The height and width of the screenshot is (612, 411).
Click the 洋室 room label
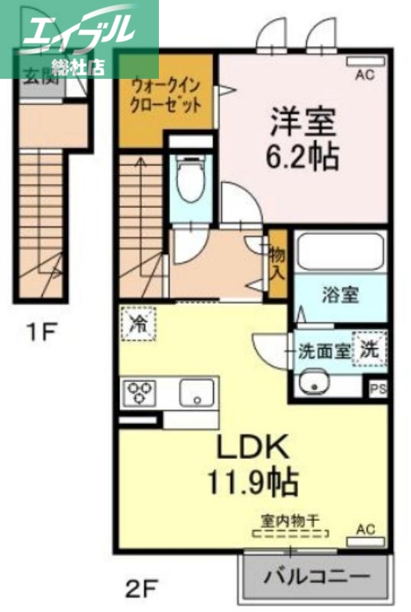coord(303,122)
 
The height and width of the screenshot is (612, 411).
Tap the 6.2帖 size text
coord(303,157)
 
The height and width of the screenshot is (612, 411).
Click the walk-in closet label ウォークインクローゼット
coord(167,94)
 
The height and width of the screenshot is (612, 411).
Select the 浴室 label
coord(341,295)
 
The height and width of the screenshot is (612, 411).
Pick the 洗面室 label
coord(324,352)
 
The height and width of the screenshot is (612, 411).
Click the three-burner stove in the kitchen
coord(139,392)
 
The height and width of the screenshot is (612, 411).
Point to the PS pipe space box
coord(377,389)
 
